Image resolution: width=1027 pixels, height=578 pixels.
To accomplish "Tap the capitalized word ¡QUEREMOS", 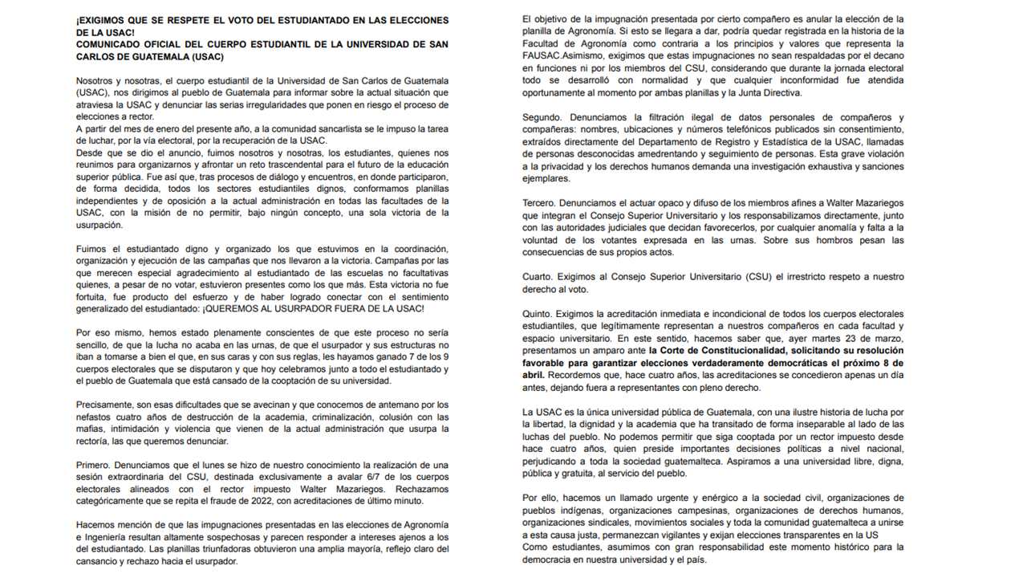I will (x=241, y=309).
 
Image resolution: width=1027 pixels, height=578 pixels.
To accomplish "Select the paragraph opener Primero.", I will (x=93, y=465).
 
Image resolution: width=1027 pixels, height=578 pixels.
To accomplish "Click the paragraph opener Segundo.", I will (x=543, y=117).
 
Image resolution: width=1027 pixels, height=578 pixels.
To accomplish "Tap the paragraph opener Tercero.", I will (x=542, y=204).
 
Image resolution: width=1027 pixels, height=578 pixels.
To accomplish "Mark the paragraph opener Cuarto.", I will (x=539, y=277).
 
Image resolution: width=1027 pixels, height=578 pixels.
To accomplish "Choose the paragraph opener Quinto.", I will (x=539, y=314).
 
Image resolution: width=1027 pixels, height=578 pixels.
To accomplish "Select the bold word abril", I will (x=534, y=375).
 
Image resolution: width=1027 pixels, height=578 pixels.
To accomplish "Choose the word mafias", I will (x=92, y=429).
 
